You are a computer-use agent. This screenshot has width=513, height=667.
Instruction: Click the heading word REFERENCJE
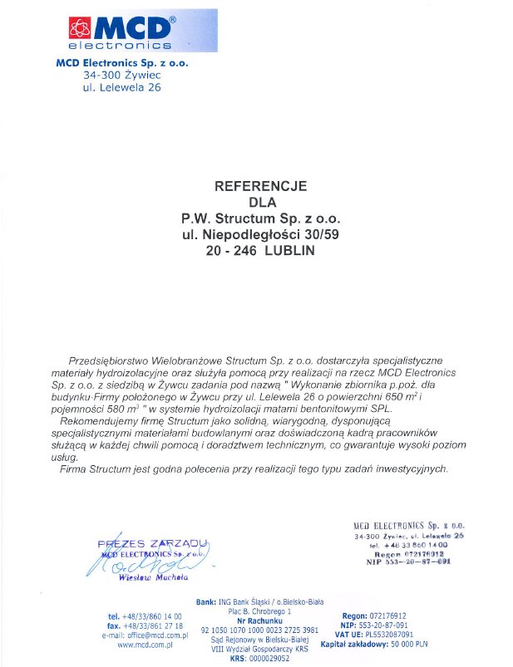(x=261, y=186)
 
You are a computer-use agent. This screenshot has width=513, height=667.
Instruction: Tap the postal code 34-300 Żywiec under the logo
(x=121, y=75)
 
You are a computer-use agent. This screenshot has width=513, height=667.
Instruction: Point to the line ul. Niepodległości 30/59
(x=261, y=234)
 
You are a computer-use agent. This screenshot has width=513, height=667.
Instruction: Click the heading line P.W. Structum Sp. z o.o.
(x=261, y=218)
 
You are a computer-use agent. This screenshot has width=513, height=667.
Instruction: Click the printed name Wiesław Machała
(x=154, y=576)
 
